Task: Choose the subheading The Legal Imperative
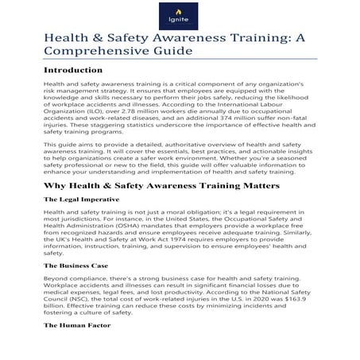81,221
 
